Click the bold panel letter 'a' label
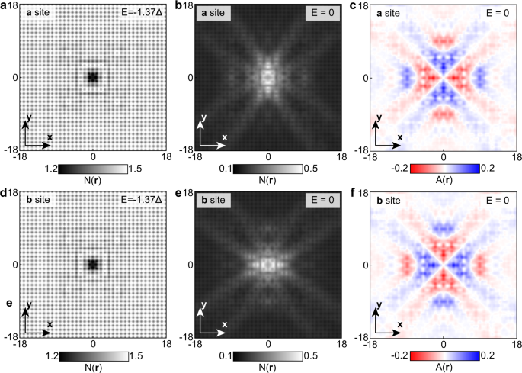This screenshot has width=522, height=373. (5, 6)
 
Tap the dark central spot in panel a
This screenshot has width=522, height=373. (93, 77)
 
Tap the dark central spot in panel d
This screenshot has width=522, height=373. (93, 265)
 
